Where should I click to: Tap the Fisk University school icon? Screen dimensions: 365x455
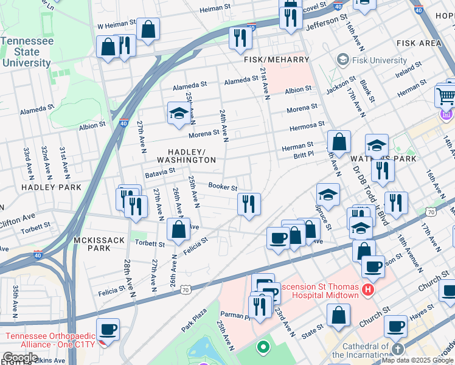[x=342, y=60]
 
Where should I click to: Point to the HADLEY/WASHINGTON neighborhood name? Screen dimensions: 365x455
[x=191, y=155]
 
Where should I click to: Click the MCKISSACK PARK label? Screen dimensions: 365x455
[x=92, y=244]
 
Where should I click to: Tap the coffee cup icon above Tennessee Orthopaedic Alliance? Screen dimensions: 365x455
[x=108, y=329]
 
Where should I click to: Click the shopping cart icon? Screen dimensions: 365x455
[x=446, y=96]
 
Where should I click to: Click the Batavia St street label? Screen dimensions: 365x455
[x=160, y=173]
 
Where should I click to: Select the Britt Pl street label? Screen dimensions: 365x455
[x=304, y=156]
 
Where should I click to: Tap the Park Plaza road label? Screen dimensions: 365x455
[x=194, y=322]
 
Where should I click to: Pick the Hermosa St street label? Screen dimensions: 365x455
[x=307, y=125]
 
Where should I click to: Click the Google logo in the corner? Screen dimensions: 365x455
[x=20, y=358]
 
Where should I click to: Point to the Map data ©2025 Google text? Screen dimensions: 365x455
[x=417, y=360]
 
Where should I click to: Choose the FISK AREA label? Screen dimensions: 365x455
[x=418, y=43]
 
